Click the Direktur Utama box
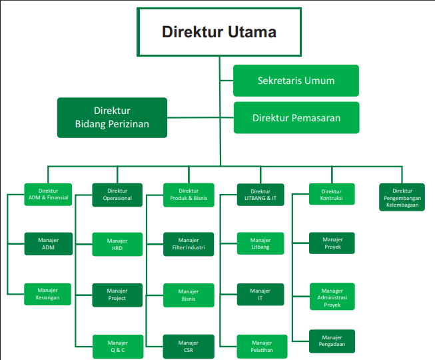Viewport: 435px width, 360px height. coord(219,32)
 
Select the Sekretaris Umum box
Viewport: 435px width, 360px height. coord(296,81)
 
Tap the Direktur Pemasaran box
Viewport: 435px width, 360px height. coord(296,118)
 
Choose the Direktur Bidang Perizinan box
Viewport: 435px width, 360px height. coord(112,117)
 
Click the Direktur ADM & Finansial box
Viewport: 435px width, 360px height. coord(48,194)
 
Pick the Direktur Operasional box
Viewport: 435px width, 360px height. coord(117,194)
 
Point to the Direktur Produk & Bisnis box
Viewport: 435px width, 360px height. coord(189,194)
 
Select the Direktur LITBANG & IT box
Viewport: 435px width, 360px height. coord(260,195)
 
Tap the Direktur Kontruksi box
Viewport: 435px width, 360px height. coord(332,194)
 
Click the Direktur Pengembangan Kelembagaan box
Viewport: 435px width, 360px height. coord(402,197)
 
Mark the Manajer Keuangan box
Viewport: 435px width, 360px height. coord(48,294)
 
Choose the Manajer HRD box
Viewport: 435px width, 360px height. coord(117,244)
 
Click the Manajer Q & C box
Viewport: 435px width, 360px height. coord(117,346)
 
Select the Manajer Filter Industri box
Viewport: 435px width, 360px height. coord(189,244)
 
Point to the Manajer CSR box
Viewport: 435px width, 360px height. coord(189,346)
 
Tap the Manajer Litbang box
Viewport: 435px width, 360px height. coord(260,244)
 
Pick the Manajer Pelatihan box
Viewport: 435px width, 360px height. coord(260,346)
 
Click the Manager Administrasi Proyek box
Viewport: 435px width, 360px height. coord(332,297)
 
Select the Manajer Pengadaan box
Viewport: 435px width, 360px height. coord(332,341)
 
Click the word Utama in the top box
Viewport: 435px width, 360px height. coord(250,32)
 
